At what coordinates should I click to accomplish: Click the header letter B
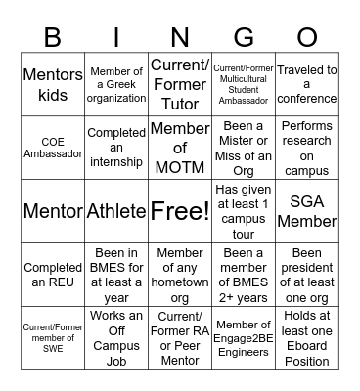[x=53, y=38]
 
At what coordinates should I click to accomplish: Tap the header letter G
[x=243, y=38]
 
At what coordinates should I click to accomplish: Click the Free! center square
[x=179, y=210]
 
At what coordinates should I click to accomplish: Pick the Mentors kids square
[x=53, y=84]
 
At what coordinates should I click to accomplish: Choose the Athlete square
[x=116, y=210]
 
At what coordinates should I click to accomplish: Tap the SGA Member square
[x=306, y=210]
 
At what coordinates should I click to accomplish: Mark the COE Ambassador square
[x=53, y=147]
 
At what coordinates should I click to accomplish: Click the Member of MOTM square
[x=179, y=147]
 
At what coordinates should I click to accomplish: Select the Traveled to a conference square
[x=306, y=84]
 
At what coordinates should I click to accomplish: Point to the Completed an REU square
[x=53, y=274]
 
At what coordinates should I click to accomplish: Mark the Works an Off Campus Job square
[x=116, y=337]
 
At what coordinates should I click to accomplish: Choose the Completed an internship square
[x=116, y=147]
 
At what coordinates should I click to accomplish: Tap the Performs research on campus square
[x=306, y=147]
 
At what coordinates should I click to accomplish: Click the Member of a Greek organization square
[x=116, y=84]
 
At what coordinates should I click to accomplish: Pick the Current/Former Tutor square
[x=179, y=84]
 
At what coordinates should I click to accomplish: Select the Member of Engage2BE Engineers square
[x=243, y=337]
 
